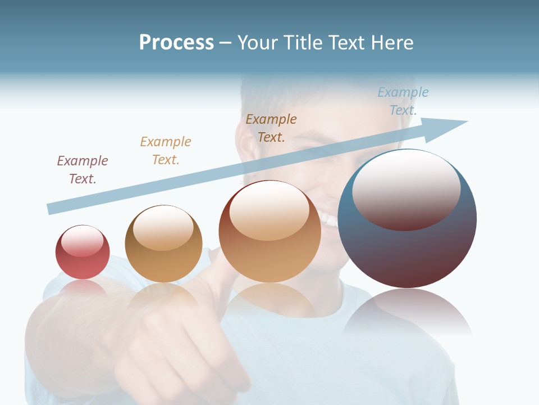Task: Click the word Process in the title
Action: point(176,43)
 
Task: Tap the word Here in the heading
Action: point(392,43)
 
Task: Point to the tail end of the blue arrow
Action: point(51,209)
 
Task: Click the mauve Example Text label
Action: point(83,170)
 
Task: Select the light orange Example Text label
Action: point(166,151)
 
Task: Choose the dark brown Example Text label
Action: point(271,128)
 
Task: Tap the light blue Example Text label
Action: point(403,101)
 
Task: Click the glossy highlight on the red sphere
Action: point(83,241)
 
